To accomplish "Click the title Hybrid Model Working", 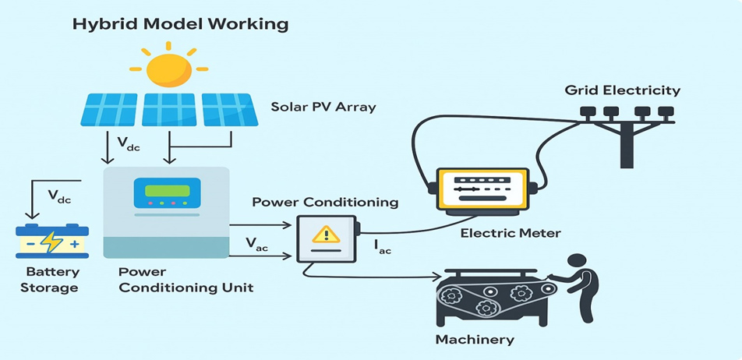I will (x=180, y=24).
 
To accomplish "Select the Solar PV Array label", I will (x=323, y=107).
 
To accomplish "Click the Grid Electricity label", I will (x=622, y=90).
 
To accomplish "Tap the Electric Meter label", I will (x=511, y=233).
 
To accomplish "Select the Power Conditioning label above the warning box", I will (x=325, y=203).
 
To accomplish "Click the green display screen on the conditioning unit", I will (x=161, y=191).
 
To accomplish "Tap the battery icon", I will (x=52, y=242).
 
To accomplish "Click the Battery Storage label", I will (x=52, y=280).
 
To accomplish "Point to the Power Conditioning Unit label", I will (x=185, y=280).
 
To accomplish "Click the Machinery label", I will (x=475, y=339).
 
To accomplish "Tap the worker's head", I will (x=578, y=263).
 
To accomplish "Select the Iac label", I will (x=383, y=247).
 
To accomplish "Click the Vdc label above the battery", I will (x=59, y=198).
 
